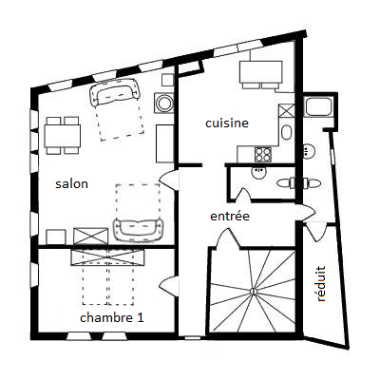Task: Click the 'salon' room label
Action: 71,184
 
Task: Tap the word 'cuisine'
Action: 227,123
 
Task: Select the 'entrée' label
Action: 230,217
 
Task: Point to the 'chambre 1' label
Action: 112,317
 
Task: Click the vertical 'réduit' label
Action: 321,284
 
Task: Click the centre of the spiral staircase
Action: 253,291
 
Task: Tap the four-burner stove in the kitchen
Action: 263,155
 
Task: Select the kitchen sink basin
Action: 287,133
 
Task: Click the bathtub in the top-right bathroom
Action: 318,107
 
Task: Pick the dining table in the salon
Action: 63,136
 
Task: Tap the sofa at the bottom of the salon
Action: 139,228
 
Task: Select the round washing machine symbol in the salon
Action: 164,103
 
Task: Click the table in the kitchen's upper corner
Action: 261,72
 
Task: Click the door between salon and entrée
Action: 169,180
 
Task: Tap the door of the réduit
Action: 315,231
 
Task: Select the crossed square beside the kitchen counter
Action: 287,110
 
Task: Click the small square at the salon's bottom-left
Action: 56,237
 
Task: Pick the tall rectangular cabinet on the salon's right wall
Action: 165,143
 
